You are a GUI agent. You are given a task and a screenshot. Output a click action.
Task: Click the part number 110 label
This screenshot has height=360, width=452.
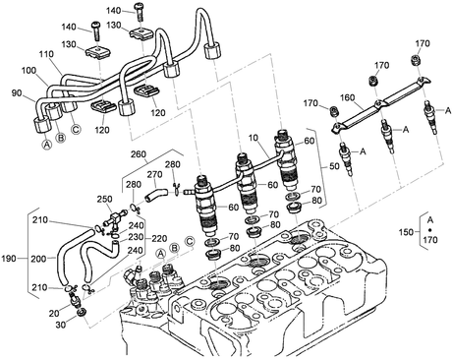tap(47, 54)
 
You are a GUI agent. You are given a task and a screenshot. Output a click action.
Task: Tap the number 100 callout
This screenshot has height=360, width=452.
tap(29, 71)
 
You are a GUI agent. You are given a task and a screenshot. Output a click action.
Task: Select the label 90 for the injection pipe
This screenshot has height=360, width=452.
tap(17, 93)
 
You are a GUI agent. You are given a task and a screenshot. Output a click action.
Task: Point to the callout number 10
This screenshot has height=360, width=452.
tap(254, 138)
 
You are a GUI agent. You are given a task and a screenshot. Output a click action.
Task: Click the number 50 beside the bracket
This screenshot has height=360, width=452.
tap(334, 166)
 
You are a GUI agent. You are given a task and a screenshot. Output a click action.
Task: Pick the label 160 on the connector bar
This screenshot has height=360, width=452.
tap(348, 97)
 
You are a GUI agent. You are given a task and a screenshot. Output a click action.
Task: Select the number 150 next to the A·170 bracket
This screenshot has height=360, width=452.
tap(406, 232)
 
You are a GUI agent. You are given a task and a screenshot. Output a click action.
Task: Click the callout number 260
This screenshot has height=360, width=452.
tap(139, 153)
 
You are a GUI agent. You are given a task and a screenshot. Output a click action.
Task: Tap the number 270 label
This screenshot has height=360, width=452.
tap(154, 174)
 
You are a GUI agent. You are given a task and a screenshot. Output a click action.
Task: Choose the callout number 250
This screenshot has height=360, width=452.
tap(104, 199)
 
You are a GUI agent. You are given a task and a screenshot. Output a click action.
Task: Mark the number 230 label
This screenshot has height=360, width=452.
tap(136, 237)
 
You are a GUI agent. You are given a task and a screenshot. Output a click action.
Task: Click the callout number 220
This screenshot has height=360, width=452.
tap(159, 238)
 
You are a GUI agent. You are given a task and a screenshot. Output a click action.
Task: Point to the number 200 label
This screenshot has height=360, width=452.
tap(38, 259)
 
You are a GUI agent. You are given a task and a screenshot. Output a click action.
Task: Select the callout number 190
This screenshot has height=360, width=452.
tap(9, 259)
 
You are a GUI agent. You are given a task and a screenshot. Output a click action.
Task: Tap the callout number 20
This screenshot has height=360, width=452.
tap(54, 314)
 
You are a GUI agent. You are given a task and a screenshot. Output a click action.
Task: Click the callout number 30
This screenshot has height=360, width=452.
tap(61, 325)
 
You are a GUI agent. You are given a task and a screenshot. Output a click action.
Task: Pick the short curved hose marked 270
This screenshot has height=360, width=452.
tap(155, 194)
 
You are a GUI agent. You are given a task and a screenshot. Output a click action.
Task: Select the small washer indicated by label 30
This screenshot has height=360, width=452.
tap(81, 313)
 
